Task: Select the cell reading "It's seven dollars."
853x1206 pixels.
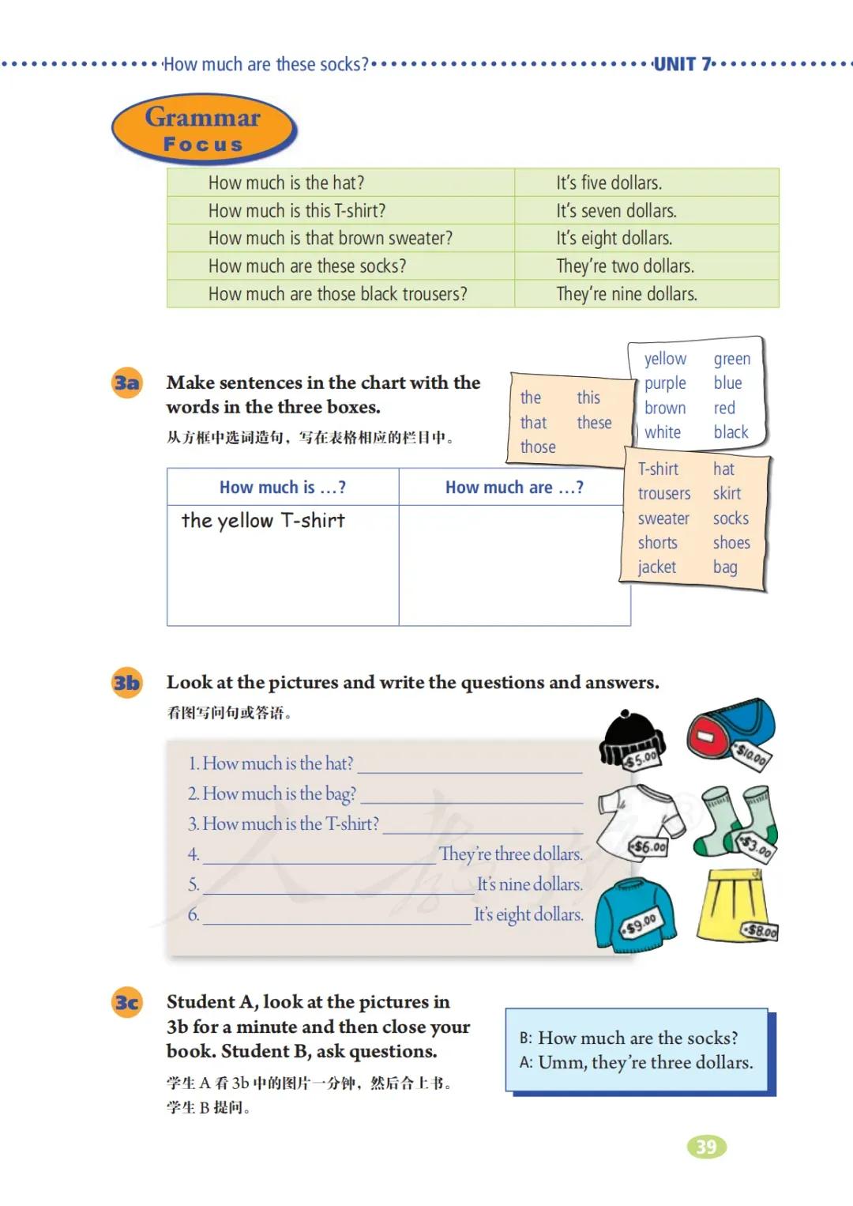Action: [x=616, y=211]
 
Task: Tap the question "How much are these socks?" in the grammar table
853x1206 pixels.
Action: [x=307, y=266]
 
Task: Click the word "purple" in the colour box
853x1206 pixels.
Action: [x=665, y=383]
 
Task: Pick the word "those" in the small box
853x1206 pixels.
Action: [x=538, y=447]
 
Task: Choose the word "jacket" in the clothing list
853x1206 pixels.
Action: [x=656, y=567]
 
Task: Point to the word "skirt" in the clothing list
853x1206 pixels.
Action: [x=727, y=494]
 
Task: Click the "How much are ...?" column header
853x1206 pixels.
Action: [x=514, y=488]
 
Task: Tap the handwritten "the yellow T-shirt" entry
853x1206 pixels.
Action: [x=263, y=521]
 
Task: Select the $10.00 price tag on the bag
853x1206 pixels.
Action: [x=750, y=756]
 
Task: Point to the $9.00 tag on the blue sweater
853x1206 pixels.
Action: [x=641, y=922]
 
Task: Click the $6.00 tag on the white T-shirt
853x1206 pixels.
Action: [x=648, y=847]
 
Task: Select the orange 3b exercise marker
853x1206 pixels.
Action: [x=126, y=683]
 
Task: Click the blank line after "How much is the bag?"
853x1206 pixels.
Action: [x=472, y=795]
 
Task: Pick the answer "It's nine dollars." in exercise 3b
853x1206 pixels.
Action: [x=529, y=884]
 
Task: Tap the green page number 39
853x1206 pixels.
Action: [x=706, y=1147]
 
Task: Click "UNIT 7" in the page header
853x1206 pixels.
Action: [x=683, y=64]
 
